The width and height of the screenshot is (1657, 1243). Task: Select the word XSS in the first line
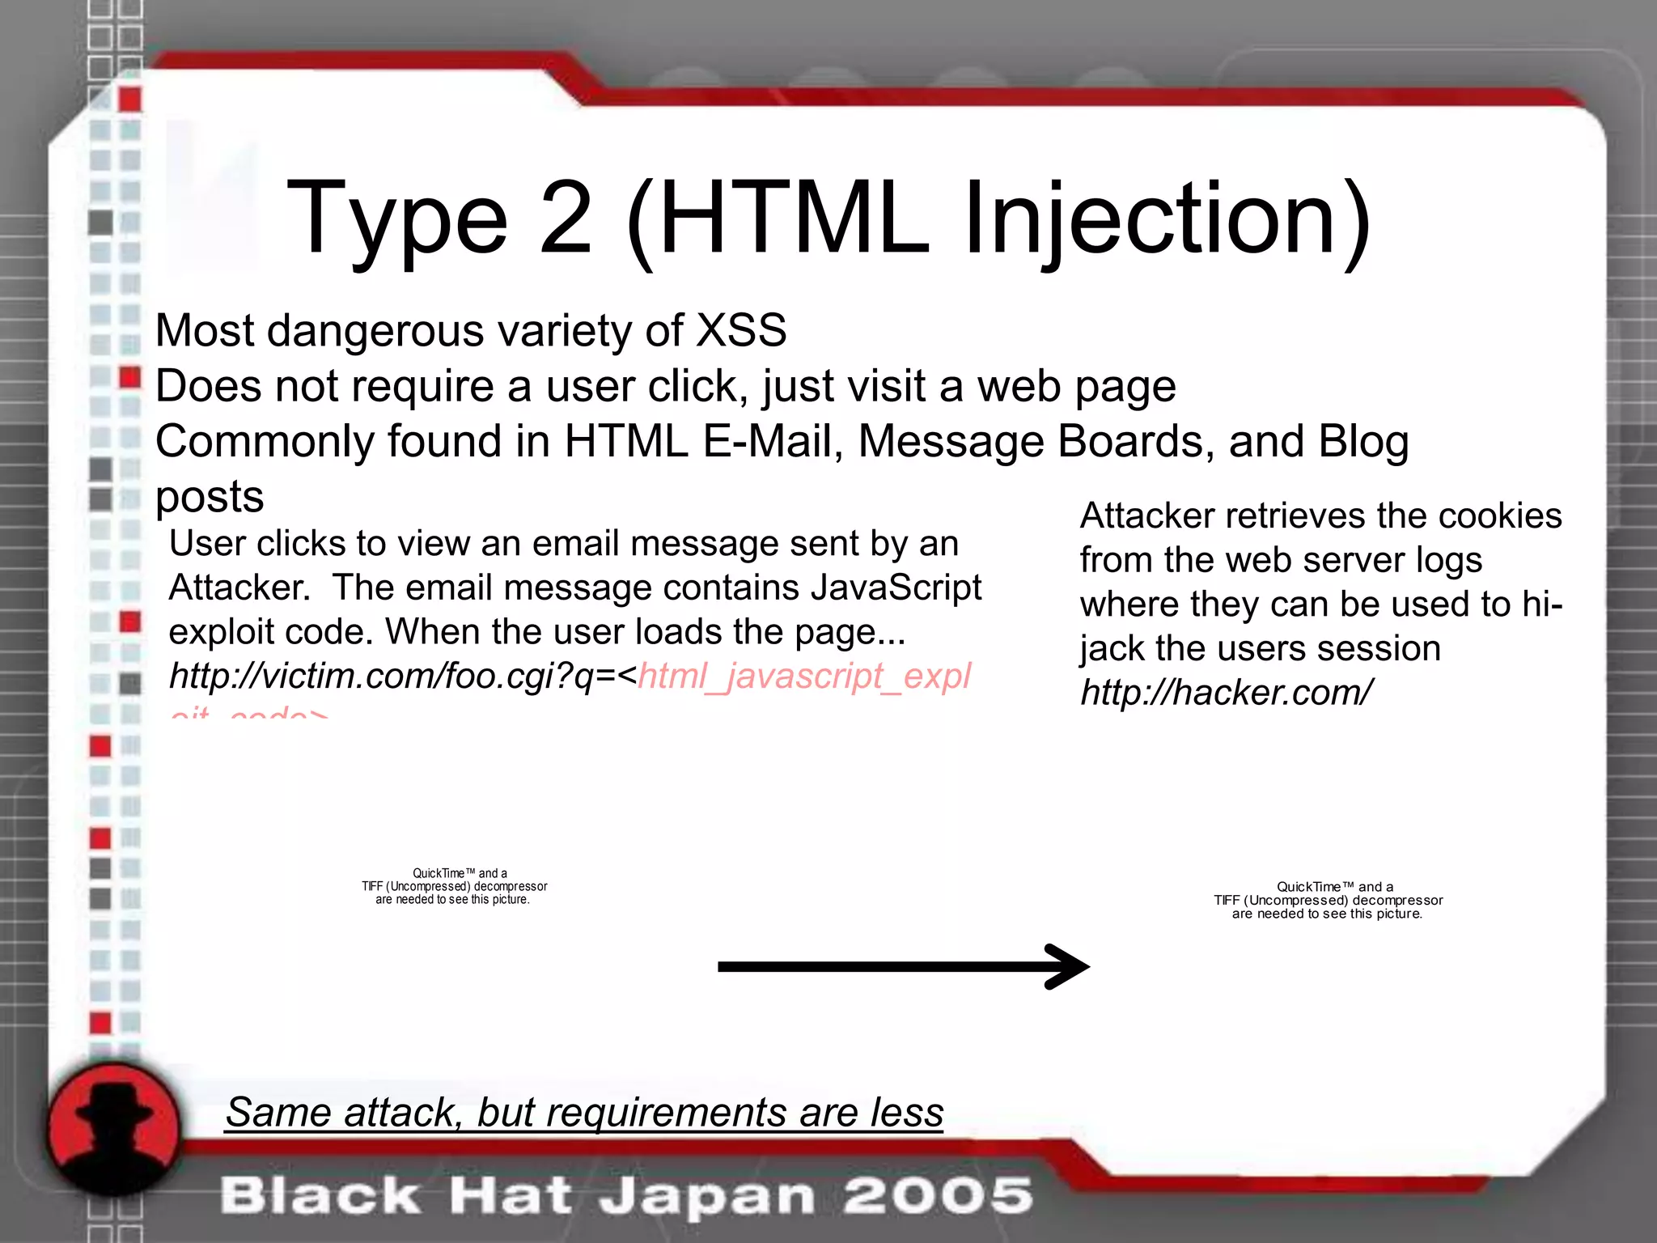[741, 330]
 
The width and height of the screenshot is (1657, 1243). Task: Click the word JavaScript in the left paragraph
[896, 588]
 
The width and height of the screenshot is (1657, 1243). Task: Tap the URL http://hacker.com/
[1226, 693]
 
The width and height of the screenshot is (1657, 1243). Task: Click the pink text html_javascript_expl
[804, 677]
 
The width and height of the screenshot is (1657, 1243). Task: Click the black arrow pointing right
[904, 966]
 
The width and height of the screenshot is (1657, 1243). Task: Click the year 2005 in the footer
[939, 1196]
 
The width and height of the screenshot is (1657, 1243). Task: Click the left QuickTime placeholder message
[454, 886]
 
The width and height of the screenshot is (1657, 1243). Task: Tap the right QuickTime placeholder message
[1328, 900]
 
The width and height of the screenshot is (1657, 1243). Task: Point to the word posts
[210, 497]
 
